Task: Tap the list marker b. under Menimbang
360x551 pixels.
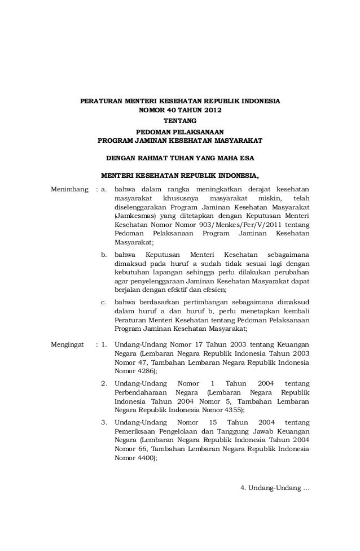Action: [104, 255]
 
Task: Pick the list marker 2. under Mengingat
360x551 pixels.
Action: [104, 384]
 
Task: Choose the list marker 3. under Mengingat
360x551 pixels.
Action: [104, 423]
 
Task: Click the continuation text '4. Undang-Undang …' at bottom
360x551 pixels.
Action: [275, 488]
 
